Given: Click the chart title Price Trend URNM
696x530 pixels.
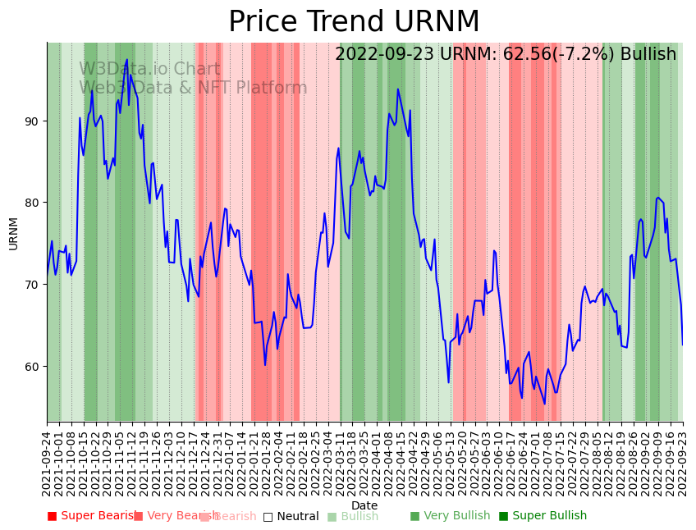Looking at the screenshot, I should coord(354,21).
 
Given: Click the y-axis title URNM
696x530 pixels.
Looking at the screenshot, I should coord(13,233).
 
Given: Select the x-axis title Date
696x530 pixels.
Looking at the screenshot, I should coord(364,505).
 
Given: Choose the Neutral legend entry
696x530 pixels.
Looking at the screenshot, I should coord(291,516).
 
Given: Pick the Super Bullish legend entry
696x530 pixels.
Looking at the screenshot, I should coord(543,516).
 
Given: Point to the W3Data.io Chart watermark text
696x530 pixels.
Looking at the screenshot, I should coord(149,70).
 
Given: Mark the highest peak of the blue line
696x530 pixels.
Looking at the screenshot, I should coord(126,60).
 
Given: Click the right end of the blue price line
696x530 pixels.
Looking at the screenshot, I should coord(682,345).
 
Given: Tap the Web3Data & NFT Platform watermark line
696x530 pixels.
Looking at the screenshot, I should coord(193,89).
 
